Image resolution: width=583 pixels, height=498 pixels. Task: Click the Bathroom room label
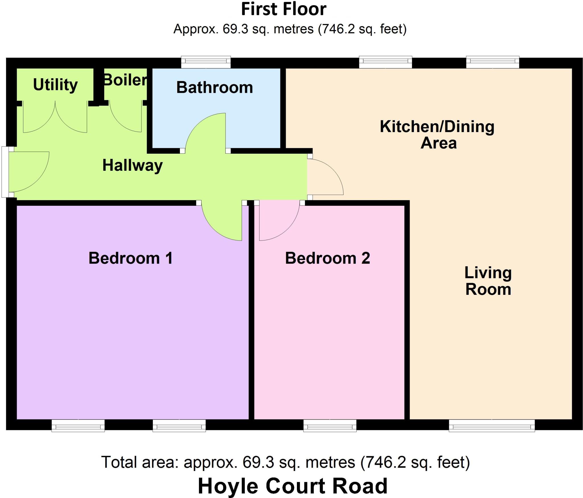tap(214, 87)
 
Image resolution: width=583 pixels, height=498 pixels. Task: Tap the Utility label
tap(55, 85)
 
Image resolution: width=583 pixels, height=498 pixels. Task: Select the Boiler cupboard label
tap(125, 80)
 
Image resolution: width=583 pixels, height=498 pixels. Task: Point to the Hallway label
tap(132, 165)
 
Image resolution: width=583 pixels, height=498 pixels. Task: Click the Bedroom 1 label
tap(131, 258)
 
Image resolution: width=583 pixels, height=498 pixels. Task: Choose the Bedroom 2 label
tap(327, 258)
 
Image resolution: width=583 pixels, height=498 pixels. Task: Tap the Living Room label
tap(488, 281)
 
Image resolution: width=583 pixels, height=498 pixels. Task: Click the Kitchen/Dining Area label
tap(437, 135)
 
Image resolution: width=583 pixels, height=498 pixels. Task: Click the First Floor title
tap(284, 9)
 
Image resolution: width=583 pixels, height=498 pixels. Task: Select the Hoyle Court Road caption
tap(292, 486)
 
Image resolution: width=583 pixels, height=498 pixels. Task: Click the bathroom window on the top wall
tap(206, 62)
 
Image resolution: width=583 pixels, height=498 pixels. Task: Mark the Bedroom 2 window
tap(330, 425)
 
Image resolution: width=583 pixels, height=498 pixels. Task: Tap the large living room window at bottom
tap(492, 425)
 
